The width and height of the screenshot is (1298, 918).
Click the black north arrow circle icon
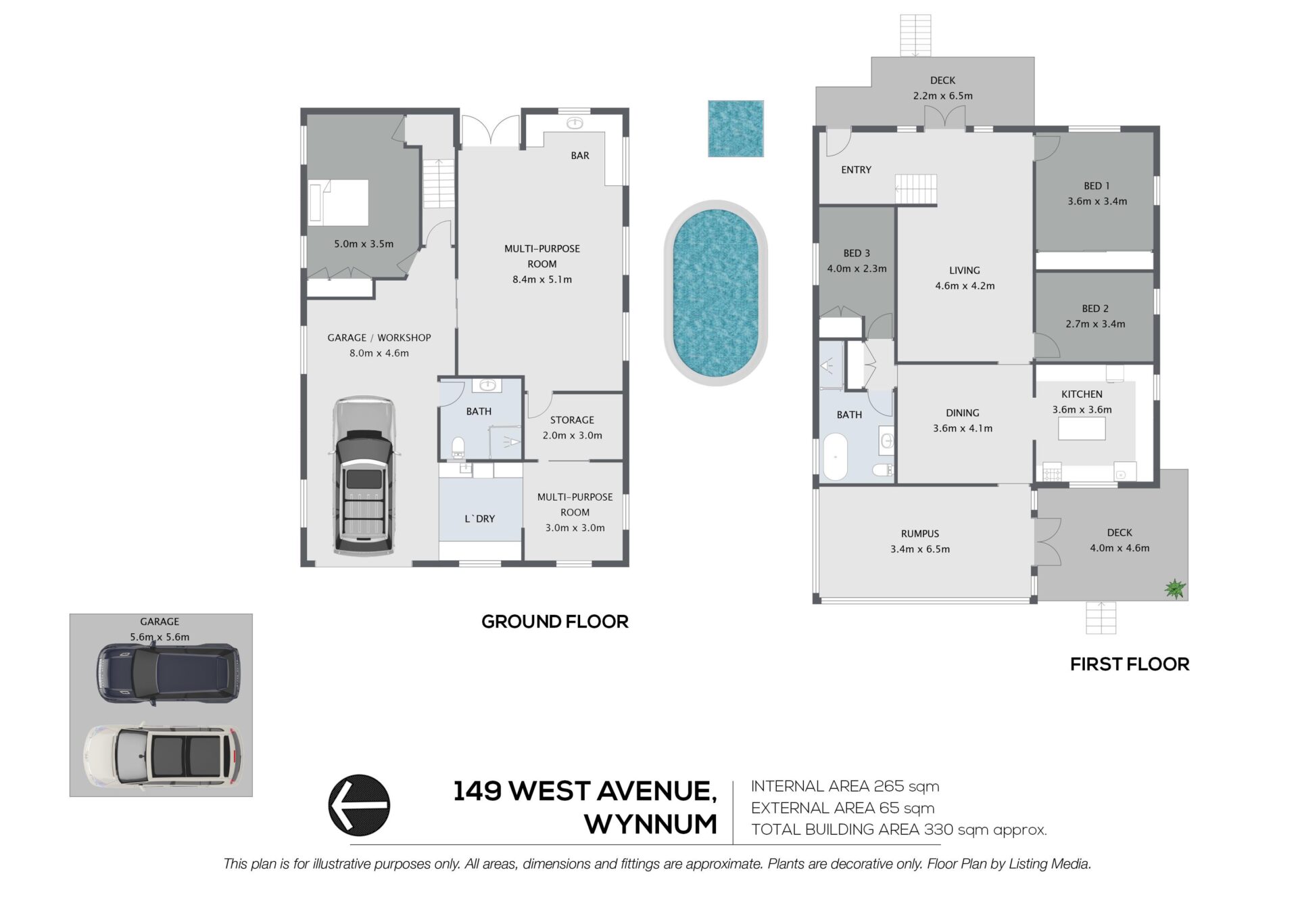pos(359,805)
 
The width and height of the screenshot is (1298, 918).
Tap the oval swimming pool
pos(715,292)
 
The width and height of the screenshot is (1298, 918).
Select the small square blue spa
pos(736,129)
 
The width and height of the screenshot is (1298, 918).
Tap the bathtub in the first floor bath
pos(836,457)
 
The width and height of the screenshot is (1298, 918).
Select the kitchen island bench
pos(1082,429)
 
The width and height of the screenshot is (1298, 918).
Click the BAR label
pos(580,156)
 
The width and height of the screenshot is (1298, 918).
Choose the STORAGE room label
pos(572,420)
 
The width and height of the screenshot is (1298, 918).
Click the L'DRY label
pos(480,519)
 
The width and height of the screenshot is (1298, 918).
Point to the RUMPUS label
pos(920,534)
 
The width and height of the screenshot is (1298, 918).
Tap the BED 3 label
pos(857,253)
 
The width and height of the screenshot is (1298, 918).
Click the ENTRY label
pos(856,170)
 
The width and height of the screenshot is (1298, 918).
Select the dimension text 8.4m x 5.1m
pos(542,279)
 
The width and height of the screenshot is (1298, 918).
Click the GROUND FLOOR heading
pos(555,622)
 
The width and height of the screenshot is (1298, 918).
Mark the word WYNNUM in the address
pos(651,824)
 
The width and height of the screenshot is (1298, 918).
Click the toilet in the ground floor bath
pos(458,446)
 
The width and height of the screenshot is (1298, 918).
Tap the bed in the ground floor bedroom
pos(339,202)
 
